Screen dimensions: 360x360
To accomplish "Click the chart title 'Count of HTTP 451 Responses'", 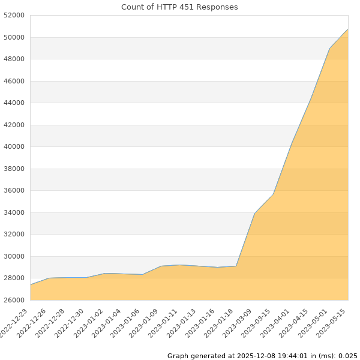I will tap(179, 7).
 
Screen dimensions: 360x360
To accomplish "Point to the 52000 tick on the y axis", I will tap(15, 16).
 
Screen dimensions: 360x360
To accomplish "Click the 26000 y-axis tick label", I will tap(15, 300).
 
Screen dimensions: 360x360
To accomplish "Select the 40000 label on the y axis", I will tap(15, 147).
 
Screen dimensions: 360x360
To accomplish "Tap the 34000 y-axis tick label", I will tap(15, 212).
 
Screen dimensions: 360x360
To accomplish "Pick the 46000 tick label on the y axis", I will tap(15, 81).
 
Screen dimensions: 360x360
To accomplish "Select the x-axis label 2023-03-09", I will tap(239, 323).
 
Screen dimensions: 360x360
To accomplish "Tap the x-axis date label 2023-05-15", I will tap(332, 323).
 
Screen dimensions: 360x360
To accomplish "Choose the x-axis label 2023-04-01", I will tap(277, 323).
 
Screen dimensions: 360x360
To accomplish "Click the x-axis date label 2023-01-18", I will tap(220, 323).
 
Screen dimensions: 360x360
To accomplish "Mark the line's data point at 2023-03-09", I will tap(254, 214).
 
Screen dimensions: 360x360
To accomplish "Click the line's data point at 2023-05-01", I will tap(329, 48).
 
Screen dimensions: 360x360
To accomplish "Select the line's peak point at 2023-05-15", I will tap(348, 29).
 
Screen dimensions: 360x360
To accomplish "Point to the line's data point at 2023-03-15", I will tap(273, 194).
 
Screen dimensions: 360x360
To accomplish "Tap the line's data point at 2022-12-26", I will tap(49, 278).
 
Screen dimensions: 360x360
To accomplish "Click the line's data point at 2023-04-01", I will tap(292, 145).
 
